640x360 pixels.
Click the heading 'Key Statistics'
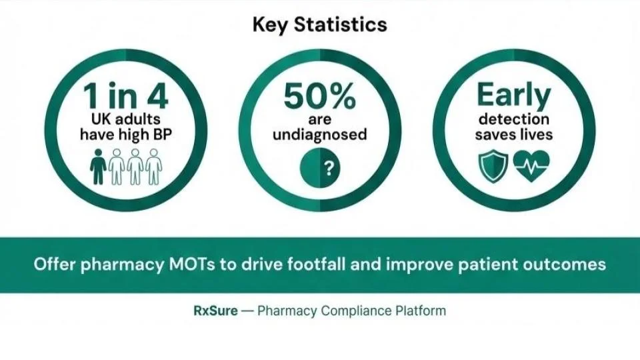pos(320,25)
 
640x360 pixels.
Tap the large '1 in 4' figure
pos(126,97)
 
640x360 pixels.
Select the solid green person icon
pos(98,167)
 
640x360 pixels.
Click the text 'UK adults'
pos(126,119)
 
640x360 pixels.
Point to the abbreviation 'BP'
pos(163,135)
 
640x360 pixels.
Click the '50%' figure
pos(320,97)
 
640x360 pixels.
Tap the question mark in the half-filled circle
pos(327,168)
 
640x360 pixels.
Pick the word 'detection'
pos(513,119)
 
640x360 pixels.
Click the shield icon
pos(493,167)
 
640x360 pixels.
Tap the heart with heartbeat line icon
pos(531,167)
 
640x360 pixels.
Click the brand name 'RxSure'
pos(211,311)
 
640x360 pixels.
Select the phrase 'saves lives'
pos(513,135)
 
